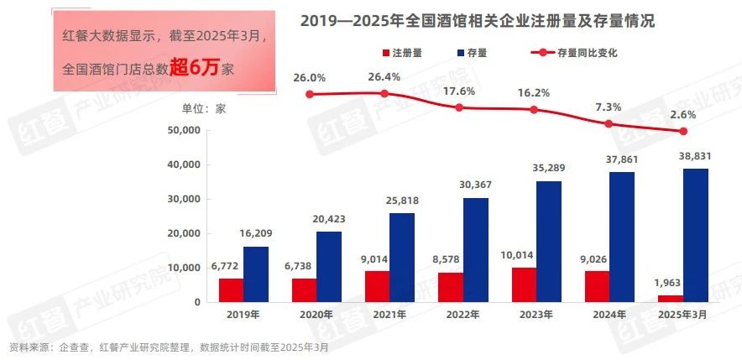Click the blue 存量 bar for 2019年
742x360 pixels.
pos(257,274)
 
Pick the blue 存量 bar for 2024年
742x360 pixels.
pos(623,237)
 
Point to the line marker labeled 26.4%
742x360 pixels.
pos(384,94)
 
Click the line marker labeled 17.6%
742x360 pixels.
pos(459,107)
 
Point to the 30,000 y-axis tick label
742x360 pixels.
pos(185,199)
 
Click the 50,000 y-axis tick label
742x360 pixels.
pos(185,130)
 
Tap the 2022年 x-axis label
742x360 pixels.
pos(462,316)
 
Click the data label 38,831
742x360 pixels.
pos(696,157)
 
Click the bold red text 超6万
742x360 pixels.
pos(194,68)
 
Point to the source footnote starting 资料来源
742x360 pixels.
pos(169,347)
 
